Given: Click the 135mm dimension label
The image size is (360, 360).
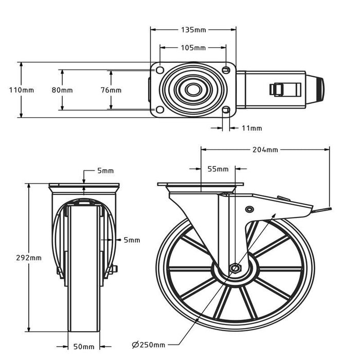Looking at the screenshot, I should (x=193, y=30).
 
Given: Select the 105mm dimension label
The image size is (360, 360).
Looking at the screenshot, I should (x=193, y=48).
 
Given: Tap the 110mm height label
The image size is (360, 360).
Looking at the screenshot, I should (x=22, y=90).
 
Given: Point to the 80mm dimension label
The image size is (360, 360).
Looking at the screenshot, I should (x=62, y=90).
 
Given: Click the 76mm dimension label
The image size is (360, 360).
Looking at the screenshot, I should (x=111, y=90).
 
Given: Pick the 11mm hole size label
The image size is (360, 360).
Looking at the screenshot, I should (x=251, y=128).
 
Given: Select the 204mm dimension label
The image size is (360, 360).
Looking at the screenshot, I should (x=265, y=150).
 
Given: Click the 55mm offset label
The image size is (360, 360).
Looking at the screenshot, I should (x=218, y=169).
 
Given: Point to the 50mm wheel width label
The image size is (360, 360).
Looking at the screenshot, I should (x=84, y=346).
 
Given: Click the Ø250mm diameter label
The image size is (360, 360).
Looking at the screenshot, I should (x=149, y=345).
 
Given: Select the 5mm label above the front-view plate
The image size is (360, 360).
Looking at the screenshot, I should (x=105, y=171).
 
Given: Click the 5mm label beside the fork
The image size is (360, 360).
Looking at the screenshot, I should (x=132, y=240).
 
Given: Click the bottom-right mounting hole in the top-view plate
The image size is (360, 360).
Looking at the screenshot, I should (x=226, y=110).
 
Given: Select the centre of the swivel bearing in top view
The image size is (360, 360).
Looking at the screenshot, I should (x=193, y=90).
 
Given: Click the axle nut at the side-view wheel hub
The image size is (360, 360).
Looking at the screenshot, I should (x=235, y=268).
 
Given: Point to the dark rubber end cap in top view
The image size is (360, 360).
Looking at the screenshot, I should (x=319, y=89).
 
